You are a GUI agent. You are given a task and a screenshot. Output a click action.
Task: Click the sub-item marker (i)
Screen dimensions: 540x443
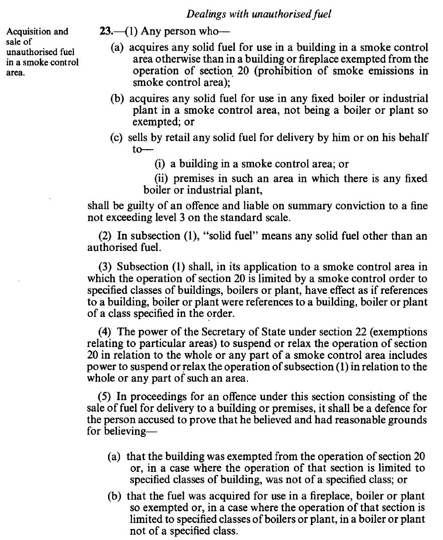pos(159,164)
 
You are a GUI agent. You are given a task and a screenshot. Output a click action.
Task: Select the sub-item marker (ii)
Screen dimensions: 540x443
pos(161,179)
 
